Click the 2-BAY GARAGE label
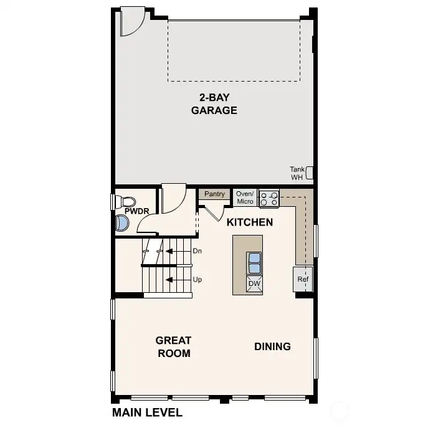click(x=214, y=104)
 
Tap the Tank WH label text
click(x=297, y=173)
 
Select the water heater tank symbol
click(x=309, y=173)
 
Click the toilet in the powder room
click(x=125, y=202)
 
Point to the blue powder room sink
click(x=122, y=223)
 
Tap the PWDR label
click(x=137, y=211)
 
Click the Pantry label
click(x=214, y=194)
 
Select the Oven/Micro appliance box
click(x=245, y=197)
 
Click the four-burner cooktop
click(x=269, y=199)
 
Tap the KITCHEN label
click(x=250, y=222)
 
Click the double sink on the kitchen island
click(x=254, y=263)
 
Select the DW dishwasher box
click(x=254, y=284)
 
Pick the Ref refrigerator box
click(x=303, y=279)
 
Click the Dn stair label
click(x=197, y=251)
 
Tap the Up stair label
click(x=197, y=280)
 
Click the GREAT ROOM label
click(x=174, y=346)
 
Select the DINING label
click(x=272, y=346)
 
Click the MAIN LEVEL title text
click(x=147, y=412)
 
